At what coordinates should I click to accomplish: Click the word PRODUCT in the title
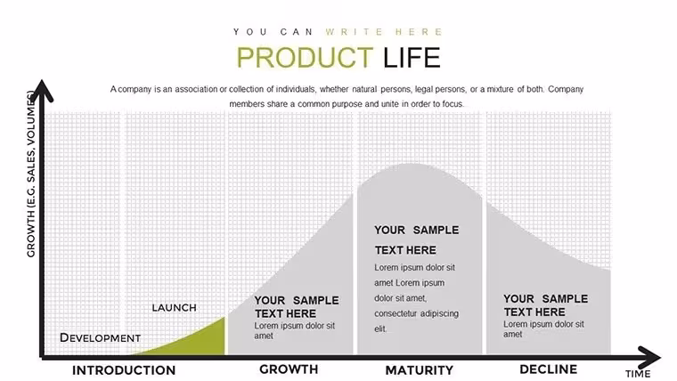(305, 57)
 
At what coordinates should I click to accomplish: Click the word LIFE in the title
(412, 57)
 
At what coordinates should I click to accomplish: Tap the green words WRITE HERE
(384, 32)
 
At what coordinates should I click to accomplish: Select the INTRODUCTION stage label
(124, 370)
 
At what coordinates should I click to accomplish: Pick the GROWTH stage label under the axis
(289, 369)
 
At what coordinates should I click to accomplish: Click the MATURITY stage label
(420, 370)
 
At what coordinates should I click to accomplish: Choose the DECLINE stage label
(549, 369)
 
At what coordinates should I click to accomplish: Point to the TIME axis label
(638, 374)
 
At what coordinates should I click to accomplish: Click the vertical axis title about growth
(30, 174)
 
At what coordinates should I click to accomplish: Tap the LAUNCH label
(174, 308)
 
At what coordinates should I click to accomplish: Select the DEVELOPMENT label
(100, 337)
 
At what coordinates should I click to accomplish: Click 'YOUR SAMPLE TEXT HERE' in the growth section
(297, 307)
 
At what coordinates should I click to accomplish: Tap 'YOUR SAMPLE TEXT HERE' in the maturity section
(417, 239)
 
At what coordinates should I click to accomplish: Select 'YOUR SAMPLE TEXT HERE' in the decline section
(546, 305)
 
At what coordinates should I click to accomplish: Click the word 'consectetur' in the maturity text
(396, 313)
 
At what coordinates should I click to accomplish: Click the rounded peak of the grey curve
(413, 166)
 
